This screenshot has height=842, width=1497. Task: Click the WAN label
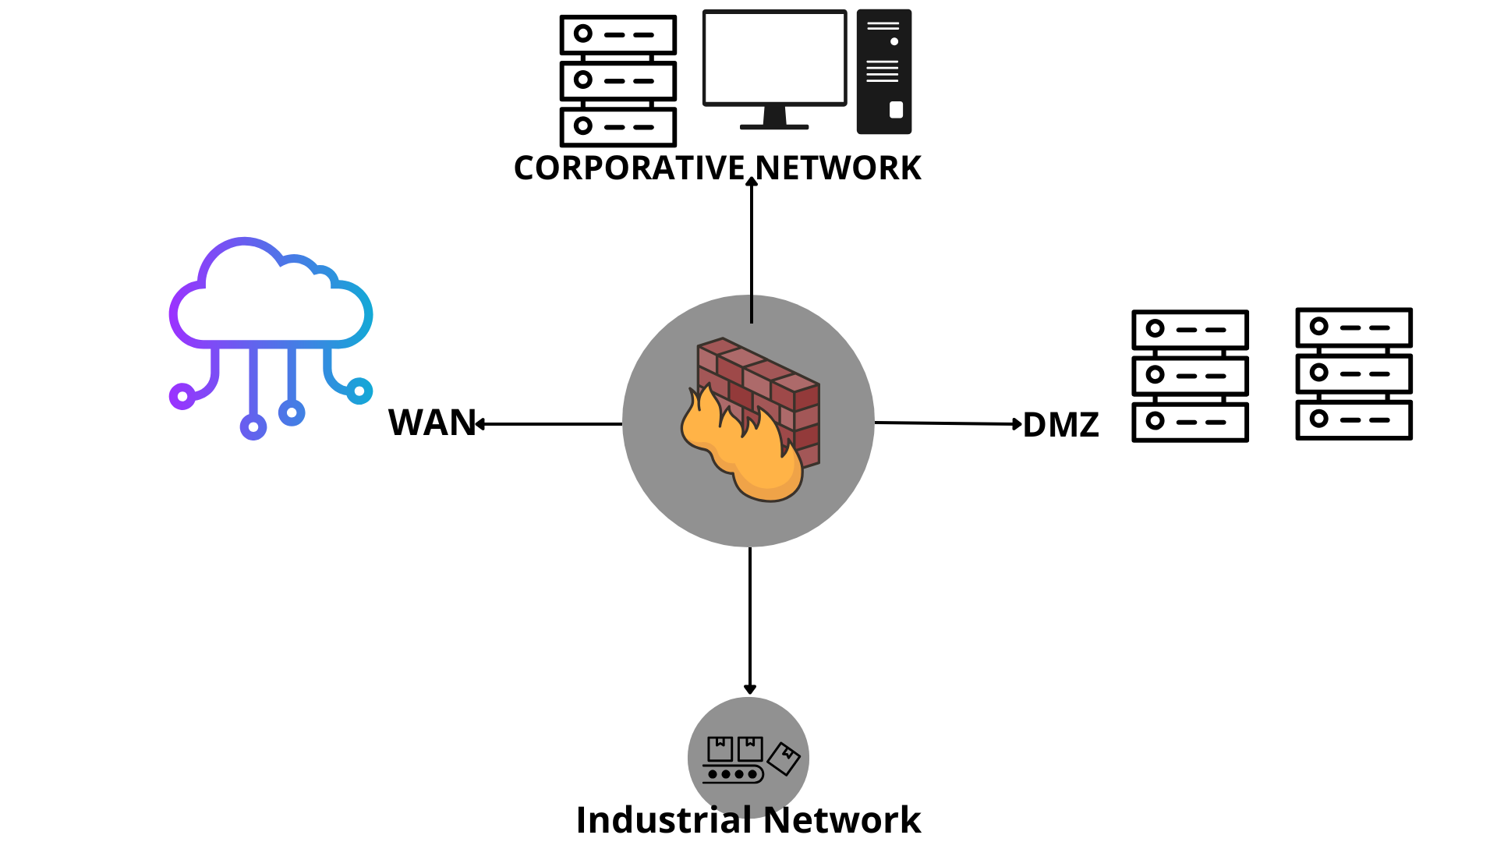[431, 423]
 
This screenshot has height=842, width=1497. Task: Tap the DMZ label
[1060, 425]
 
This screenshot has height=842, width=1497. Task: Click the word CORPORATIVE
[630, 168]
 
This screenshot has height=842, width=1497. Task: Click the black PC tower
[884, 72]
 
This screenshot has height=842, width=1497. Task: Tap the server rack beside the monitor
[618, 80]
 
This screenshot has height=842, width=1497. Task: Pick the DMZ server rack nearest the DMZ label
[1190, 376]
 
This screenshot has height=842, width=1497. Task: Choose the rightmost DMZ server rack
[1354, 373]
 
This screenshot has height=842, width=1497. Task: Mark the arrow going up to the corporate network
[752, 249]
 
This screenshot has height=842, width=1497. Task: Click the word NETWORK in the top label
[838, 168]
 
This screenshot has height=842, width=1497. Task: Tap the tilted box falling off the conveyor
[784, 759]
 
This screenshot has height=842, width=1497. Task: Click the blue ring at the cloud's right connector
[359, 391]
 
